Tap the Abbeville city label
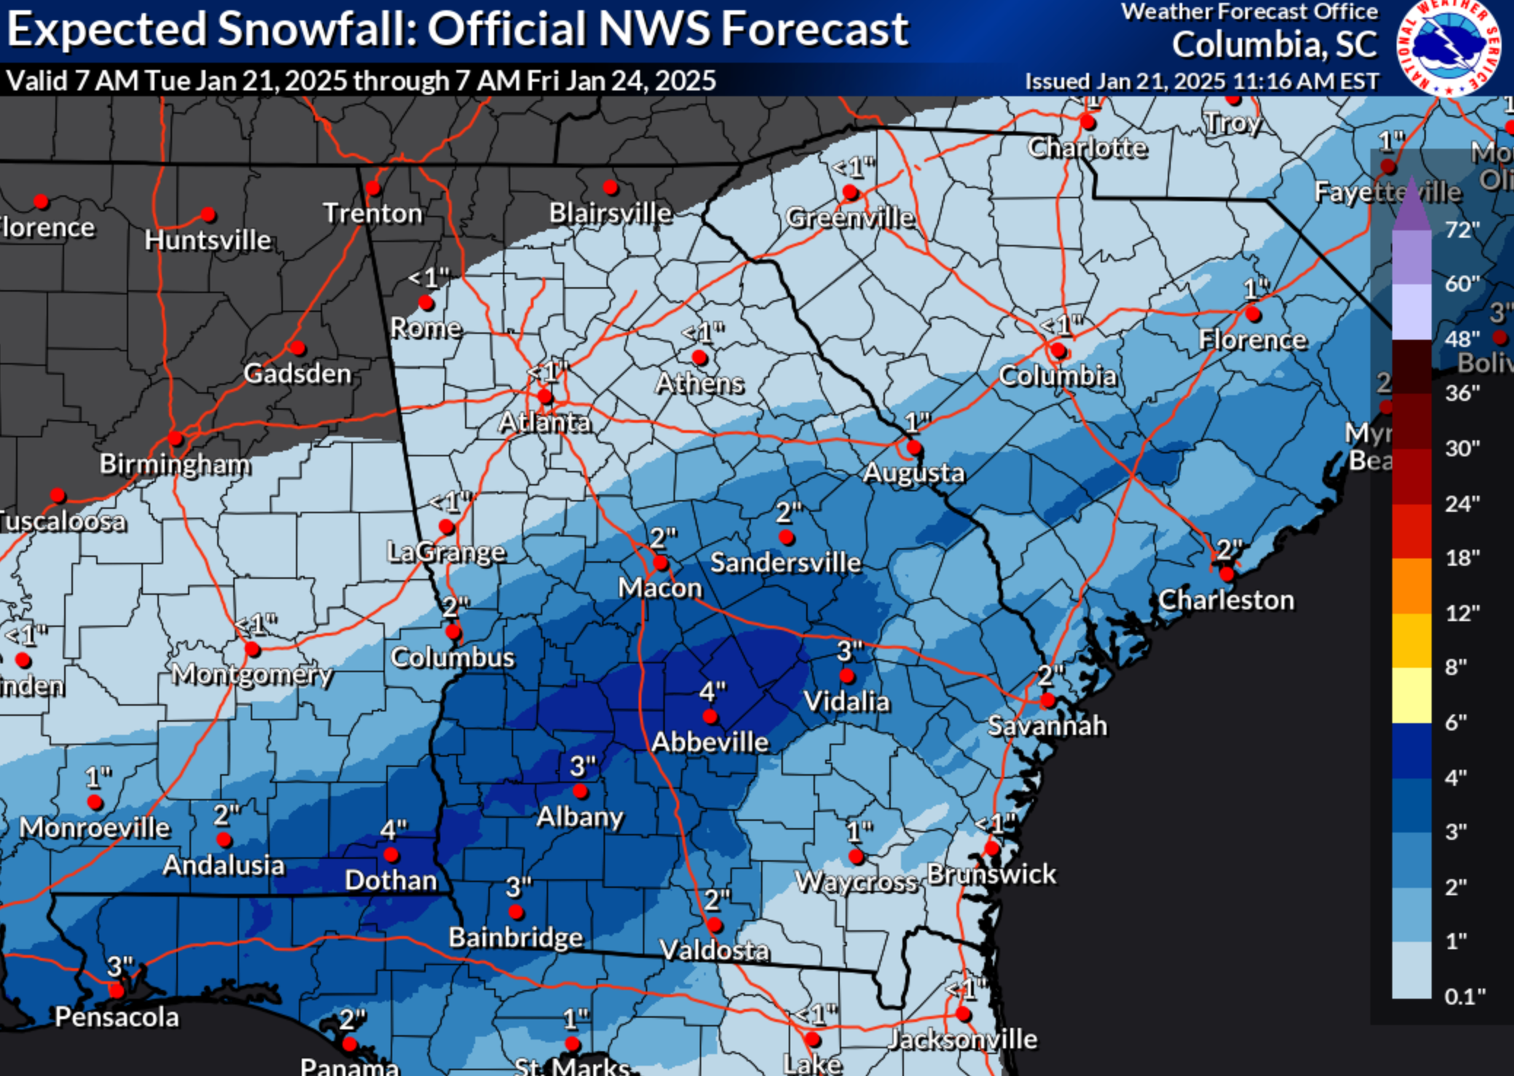[x=710, y=742]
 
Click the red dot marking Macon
[x=660, y=563]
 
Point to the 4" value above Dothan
[x=394, y=830]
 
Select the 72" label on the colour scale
[x=1462, y=230]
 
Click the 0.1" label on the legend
[x=1464, y=996]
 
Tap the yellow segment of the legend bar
[x=1411, y=695]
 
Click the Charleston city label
[x=1226, y=600]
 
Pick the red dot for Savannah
[x=1047, y=701]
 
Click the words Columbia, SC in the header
[x=1274, y=45]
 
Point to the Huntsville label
[x=208, y=240]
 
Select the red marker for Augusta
[x=914, y=448]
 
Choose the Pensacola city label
[x=117, y=1017]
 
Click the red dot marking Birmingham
[x=175, y=438]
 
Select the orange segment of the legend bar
[x=1411, y=586]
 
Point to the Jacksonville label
[x=962, y=1039]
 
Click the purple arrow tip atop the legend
[x=1411, y=204]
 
